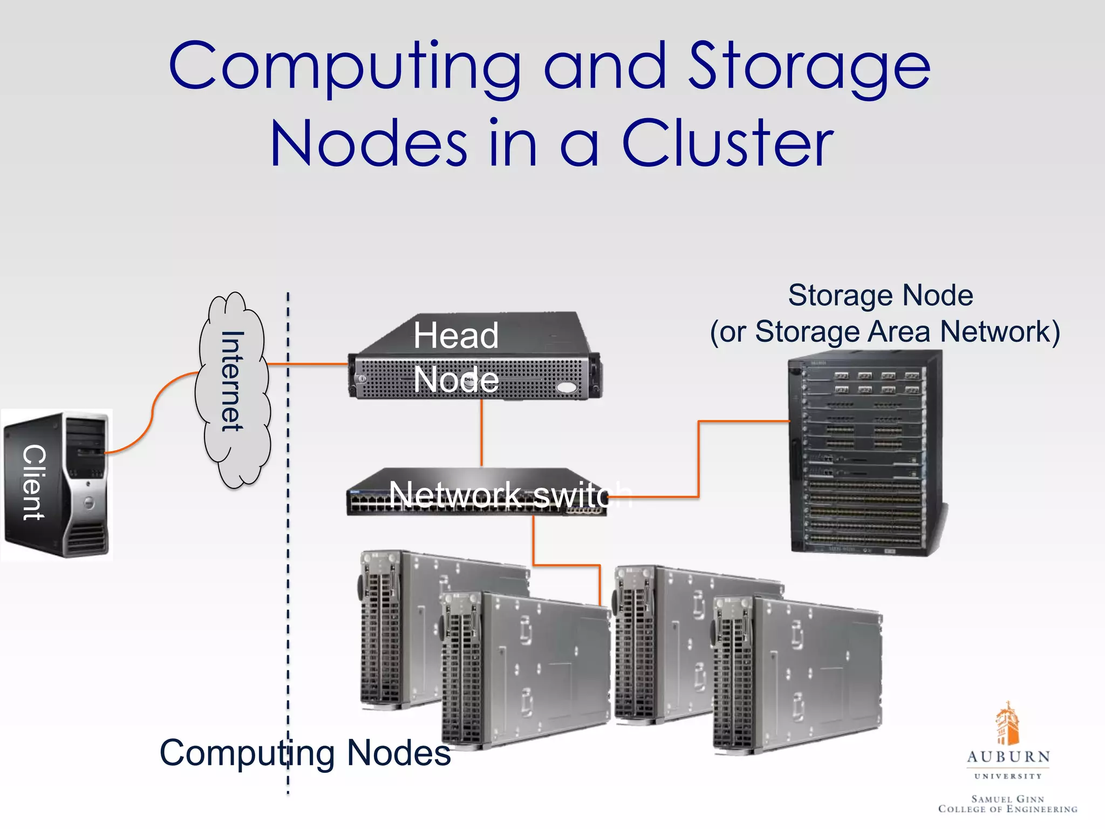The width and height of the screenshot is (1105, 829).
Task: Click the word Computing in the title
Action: pyautogui.click(x=345, y=67)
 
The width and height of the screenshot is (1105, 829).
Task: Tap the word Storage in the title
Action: pyautogui.click(x=809, y=67)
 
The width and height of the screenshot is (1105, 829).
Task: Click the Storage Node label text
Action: pyautogui.click(x=881, y=296)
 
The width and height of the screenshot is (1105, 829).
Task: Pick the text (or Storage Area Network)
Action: pyautogui.click(x=885, y=331)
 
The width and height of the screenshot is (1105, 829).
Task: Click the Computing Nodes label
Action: pyautogui.click(x=305, y=752)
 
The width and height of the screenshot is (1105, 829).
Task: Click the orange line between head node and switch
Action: pyautogui.click(x=481, y=432)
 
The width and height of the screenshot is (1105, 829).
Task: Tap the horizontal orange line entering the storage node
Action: pyautogui.click(x=745, y=421)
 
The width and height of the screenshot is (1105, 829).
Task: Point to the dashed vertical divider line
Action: pyautogui.click(x=288, y=594)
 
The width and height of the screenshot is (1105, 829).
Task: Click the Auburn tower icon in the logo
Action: pyautogui.click(x=1007, y=723)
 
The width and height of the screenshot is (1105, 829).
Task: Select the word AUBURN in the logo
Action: pyautogui.click(x=1008, y=757)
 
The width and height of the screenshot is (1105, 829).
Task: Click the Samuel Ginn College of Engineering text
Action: pyautogui.click(x=1007, y=804)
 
